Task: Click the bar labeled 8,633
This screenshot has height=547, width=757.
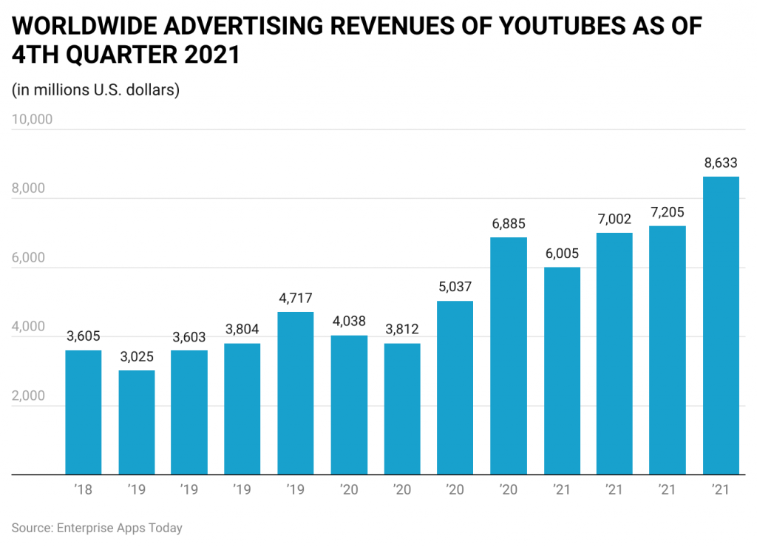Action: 721,325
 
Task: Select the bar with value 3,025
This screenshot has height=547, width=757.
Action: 137,422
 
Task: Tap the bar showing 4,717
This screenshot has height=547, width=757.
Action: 296,393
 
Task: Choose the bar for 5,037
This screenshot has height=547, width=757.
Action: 455,387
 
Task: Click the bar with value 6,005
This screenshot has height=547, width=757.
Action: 562,370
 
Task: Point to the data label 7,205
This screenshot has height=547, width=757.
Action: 668,213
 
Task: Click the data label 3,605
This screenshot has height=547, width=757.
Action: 84,337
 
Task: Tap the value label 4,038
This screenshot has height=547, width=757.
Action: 349,322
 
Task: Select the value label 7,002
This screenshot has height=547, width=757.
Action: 615,220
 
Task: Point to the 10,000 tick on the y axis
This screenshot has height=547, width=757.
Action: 32,119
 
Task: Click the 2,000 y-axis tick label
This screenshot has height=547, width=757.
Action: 28,395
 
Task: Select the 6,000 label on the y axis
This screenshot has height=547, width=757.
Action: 28,257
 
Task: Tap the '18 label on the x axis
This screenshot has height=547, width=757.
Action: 84,489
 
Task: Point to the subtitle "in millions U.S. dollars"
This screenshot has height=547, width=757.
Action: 96,90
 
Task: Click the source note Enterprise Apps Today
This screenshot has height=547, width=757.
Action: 96,528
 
